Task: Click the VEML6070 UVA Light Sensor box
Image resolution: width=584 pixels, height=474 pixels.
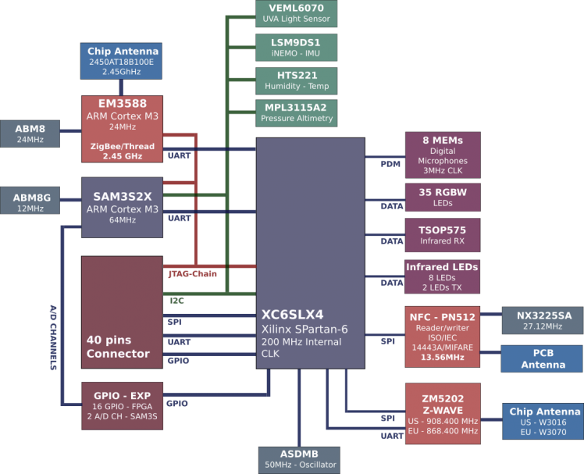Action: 297,13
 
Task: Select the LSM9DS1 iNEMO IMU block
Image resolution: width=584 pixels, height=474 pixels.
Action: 297,47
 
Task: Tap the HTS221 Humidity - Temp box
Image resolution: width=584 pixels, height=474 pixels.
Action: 297,80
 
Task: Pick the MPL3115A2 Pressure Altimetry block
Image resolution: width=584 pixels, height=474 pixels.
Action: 297,113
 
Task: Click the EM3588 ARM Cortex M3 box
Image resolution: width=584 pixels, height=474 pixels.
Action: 122,129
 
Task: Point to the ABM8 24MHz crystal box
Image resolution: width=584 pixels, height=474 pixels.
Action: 30,134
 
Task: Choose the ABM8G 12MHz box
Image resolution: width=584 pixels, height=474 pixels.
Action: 30,202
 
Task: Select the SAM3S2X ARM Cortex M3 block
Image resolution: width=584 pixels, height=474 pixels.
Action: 121,207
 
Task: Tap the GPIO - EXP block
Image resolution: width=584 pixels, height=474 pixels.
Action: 121,404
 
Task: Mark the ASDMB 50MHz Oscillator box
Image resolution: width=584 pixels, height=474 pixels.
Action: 299,459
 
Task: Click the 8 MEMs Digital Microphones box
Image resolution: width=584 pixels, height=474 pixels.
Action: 443,155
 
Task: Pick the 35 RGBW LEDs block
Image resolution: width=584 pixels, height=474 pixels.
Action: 443,197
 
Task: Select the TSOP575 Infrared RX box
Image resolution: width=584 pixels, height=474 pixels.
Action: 443,234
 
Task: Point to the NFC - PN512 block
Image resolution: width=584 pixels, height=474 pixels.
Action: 443,336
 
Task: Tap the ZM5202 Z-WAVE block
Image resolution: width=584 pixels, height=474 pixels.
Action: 443,414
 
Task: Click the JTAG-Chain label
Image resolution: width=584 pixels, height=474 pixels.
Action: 192,274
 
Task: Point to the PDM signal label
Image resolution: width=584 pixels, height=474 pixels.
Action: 390,164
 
